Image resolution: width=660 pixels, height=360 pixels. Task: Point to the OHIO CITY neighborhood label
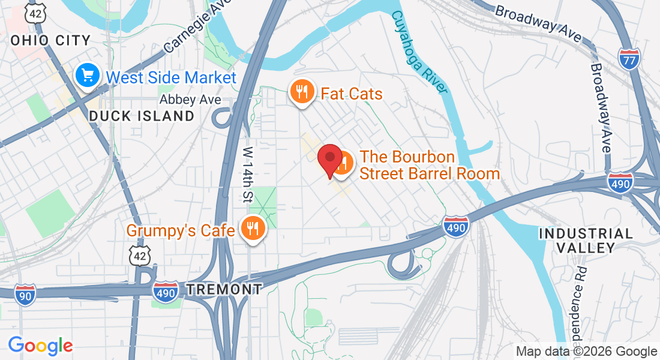pos(51,41)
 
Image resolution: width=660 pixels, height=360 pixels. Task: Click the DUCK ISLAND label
pos(142,116)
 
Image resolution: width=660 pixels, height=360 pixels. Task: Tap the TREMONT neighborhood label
pos(224,289)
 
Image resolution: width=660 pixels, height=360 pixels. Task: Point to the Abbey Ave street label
pos(190,100)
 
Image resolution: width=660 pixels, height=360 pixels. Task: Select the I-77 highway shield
pos(628,57)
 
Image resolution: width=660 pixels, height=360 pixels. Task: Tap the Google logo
pos(40,346)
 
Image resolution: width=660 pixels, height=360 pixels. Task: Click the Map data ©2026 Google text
pos(586,352)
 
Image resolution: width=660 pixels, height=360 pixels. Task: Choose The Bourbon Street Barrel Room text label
pos(429,166)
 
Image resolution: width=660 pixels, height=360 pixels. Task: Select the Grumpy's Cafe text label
pos(180,230)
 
